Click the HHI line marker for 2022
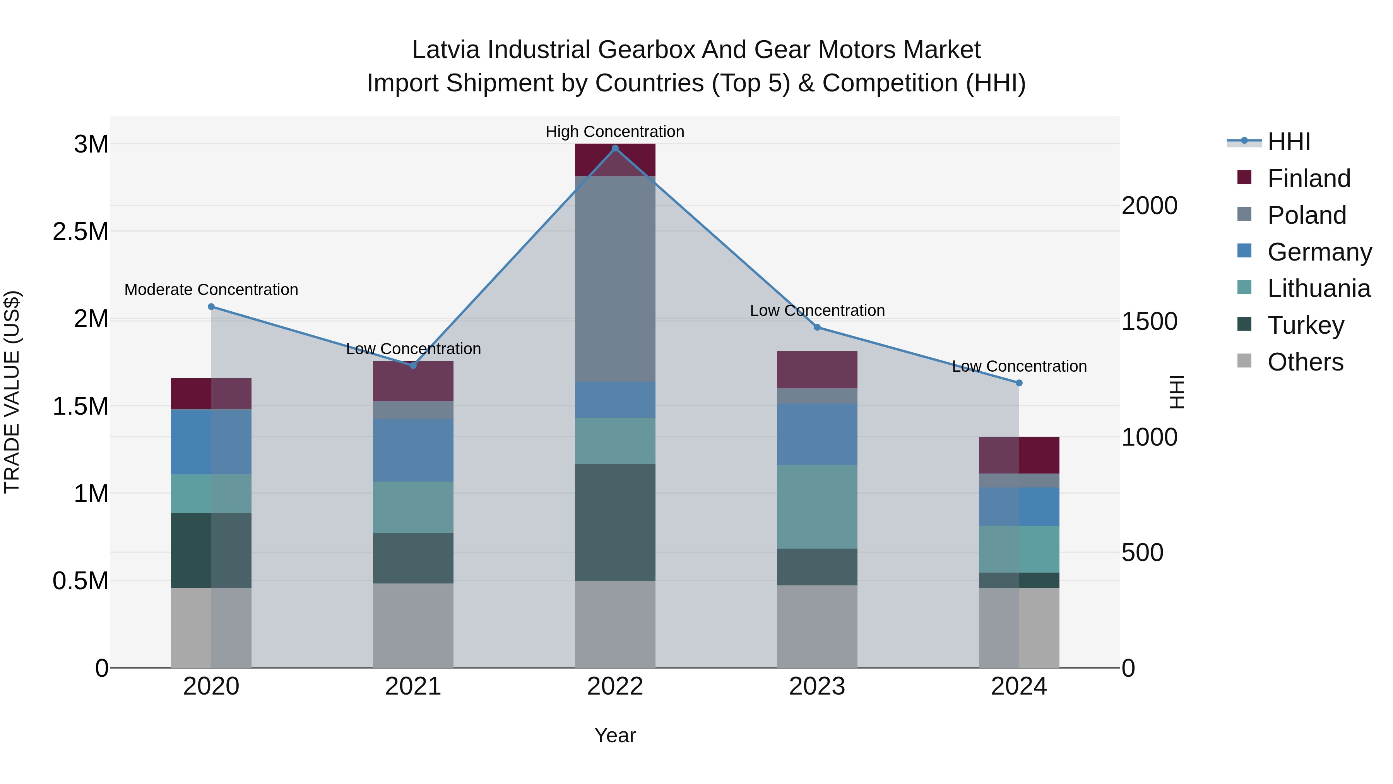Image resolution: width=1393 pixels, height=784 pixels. pyautogui.click(x=615, y=148)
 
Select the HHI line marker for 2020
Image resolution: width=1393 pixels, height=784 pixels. pyautogui.click(x=211, y=307)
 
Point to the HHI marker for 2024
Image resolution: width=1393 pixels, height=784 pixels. pyautogui.click(x=1019, y=383)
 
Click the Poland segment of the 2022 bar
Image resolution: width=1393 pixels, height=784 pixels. pyautogui.click(x=615, y=279)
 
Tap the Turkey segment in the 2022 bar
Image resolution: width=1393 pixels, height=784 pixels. pyautogui.click(x=615, y=522)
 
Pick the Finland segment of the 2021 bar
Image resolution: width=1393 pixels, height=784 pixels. pyautogui.click(x=413, y=381)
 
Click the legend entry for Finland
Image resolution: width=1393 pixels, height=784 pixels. pyautogui.click(x=1309, y=178)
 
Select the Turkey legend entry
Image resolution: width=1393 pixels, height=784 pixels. pyautogui.click(x=1306, y=325)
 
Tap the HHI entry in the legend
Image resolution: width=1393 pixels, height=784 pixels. pyautogui.click(x=1289, y=142)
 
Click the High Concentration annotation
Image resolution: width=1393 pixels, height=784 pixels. pyautogui.click(x=615, y=132)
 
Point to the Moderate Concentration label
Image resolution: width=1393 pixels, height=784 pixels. pyautogui.click(x=211, y=290)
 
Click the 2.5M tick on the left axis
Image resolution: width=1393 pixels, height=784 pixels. pyautogui.click(x=80, y=232)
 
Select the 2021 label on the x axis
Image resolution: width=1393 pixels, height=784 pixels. pyautogui.click(x=413, y=686)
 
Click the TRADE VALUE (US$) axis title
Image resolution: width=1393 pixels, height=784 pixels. pyautogui.click(x=12, y=392)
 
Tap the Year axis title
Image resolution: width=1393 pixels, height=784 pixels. pyautogui.click(x=615, y=735)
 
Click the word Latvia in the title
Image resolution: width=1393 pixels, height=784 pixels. pyautogui.click(x=446, y=50)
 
